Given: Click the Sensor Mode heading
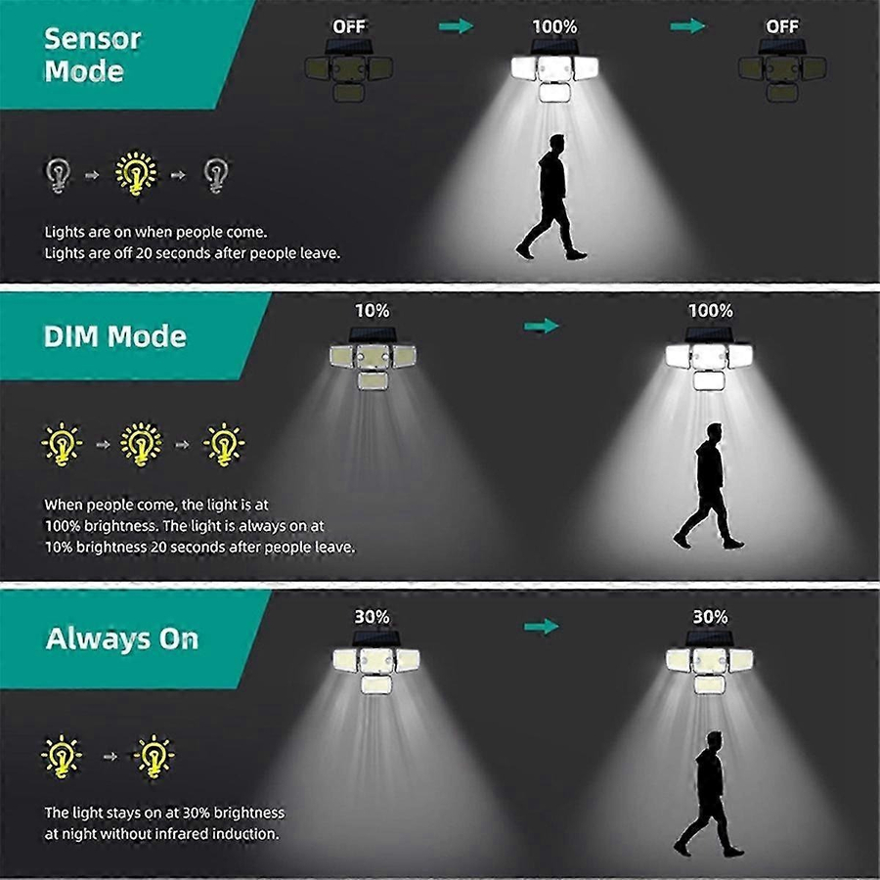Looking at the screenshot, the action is point(92,55).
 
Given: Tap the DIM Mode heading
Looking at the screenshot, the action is point(115,336).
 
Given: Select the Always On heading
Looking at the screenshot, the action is point(122,638).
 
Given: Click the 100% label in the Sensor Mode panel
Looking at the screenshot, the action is point(554,26).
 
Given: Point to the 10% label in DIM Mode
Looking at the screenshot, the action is point(373,310).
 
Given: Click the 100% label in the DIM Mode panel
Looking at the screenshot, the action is point(711,310).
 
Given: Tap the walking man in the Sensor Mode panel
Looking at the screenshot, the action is point(550,197).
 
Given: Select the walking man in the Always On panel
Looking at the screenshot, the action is point(710,794).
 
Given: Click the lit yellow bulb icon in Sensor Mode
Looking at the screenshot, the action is point(136,173).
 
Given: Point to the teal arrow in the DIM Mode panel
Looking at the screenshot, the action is point(542,326).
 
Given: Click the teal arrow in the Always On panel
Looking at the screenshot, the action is point(542,626).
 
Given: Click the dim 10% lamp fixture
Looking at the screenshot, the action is point(373,359).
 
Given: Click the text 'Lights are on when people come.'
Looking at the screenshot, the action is point(156,233).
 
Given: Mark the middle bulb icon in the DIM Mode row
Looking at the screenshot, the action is point(141,444).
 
